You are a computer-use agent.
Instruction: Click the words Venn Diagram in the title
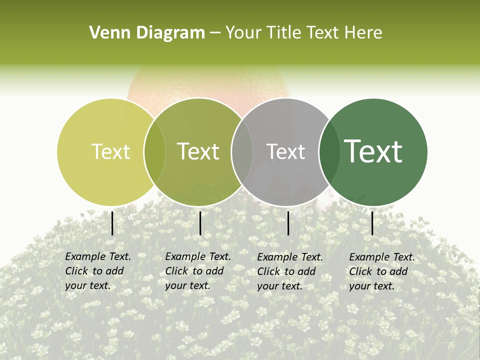pos(147,33)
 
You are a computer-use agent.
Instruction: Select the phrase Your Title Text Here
pos(303,33)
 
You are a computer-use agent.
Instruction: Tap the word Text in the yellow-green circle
pos(110,151)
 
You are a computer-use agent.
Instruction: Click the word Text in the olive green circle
pos(198,151)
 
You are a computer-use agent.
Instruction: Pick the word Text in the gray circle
pos(285,151)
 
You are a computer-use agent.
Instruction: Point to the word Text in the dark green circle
pos(373,151)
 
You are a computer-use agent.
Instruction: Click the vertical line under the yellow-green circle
pos(112,223)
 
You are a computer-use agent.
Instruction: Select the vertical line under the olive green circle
pos(200,223)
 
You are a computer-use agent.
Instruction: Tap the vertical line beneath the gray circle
pos(288,223)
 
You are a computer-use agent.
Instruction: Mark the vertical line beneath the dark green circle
pos(372,223)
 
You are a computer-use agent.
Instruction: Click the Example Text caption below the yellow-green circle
pos(98,271)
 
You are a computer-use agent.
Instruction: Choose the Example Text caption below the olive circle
pos(198,271)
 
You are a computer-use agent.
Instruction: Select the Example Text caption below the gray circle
pos(290,271)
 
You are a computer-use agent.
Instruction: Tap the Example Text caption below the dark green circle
pos(382,271)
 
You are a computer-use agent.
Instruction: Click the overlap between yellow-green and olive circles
pos(154,152)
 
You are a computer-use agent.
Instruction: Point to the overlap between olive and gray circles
pos(242,152)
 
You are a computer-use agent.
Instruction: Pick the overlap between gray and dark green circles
pos(328,152)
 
